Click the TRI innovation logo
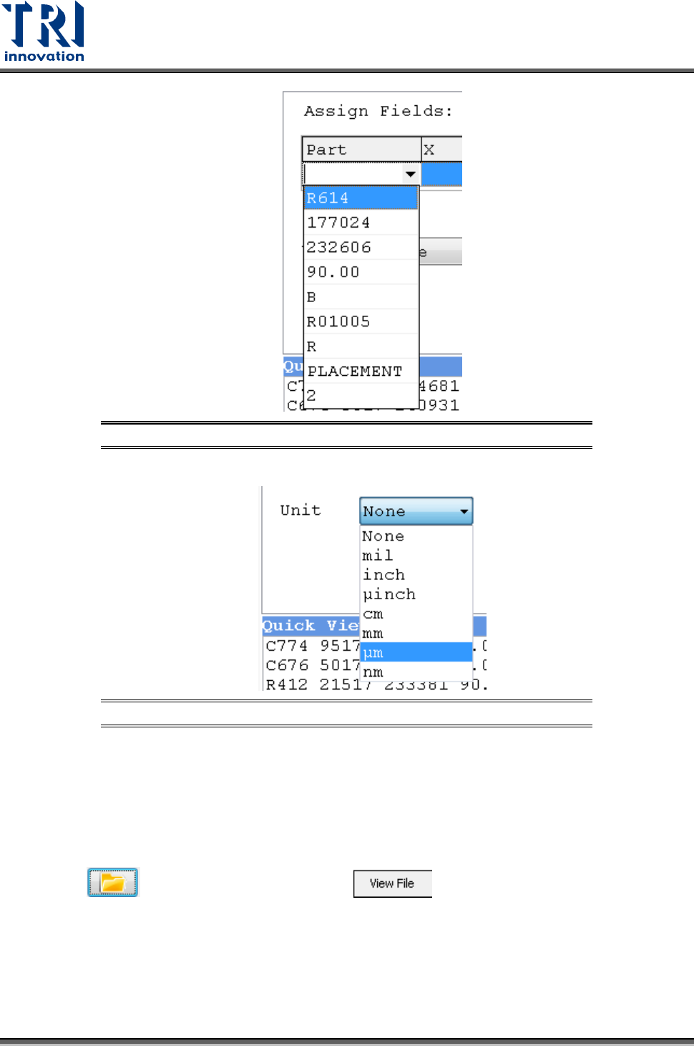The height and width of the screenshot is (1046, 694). (x=44, y=32)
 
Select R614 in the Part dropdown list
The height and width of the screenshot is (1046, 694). (x=361, y=198)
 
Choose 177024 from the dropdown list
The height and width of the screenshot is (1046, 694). (x=361, y=223)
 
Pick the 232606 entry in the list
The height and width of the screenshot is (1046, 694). (x=361, y=248)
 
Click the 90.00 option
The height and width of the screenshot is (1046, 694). (x=361, y=272)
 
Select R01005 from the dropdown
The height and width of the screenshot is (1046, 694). (x=361, y=321)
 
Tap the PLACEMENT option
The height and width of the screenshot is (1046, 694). (x=361, y=371)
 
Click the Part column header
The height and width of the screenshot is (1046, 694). (x=361, y=150)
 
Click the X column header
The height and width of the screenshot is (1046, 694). (x=441, y=150)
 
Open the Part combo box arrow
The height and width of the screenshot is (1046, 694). (x=410, y=174)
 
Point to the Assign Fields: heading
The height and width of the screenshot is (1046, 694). (x=378, y=111)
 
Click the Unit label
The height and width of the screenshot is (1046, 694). (x=300, y=510)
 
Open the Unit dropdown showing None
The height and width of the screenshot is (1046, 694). (x=416, y=511)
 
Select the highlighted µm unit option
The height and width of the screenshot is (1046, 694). (x=416, y=653)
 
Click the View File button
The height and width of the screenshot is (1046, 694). (x=392, y=883)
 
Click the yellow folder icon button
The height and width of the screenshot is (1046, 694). (x=112, y=882)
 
